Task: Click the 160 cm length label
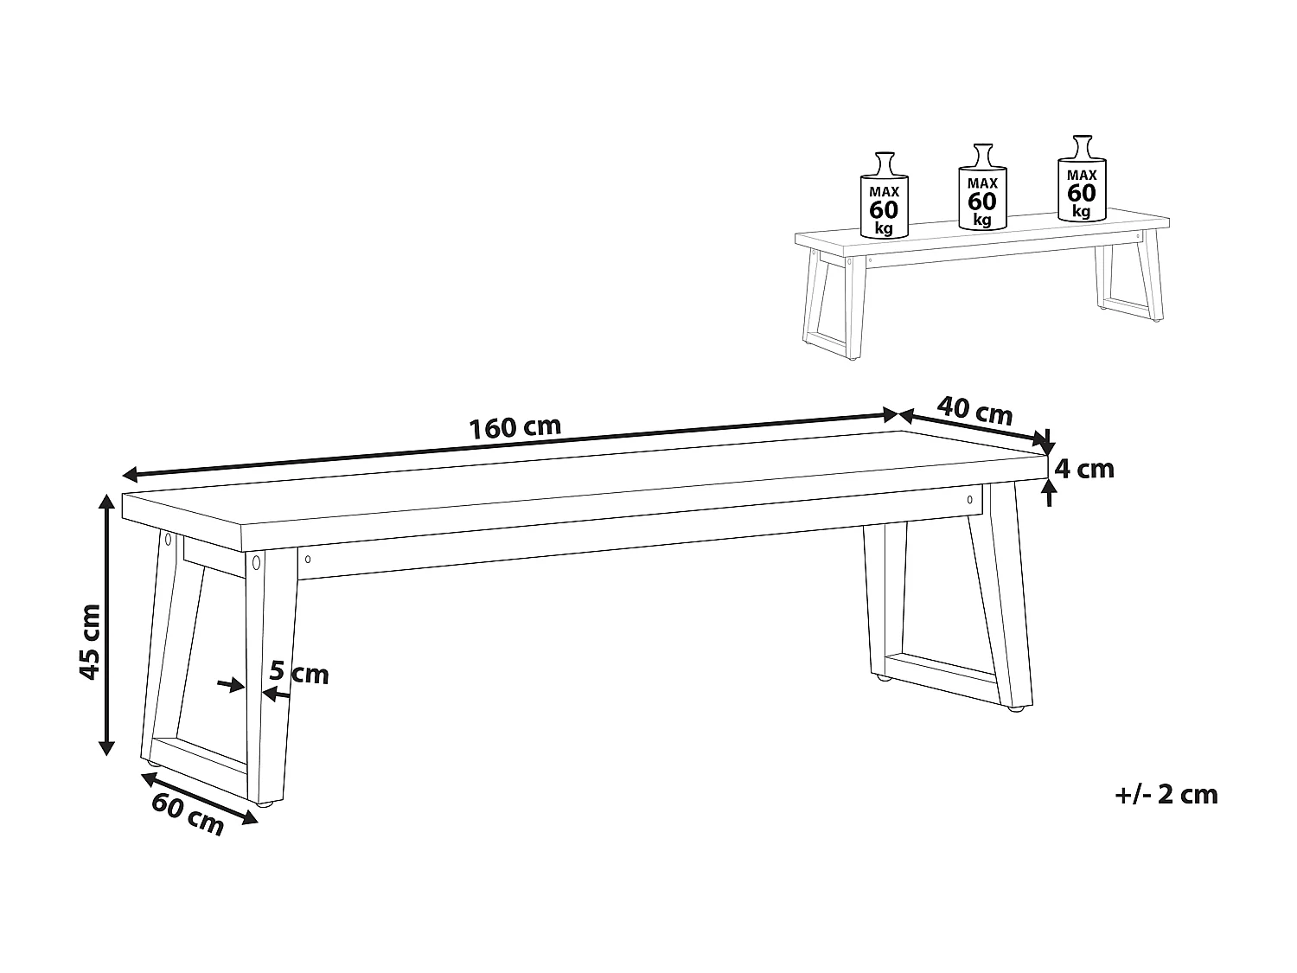point(514,427)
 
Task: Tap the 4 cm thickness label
point(1085,469)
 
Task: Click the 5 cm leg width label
point(299,672)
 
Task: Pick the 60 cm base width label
point(188,814)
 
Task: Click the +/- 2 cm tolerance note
point(1166,795)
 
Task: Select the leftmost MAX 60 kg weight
point(884,197)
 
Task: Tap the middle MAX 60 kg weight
point(982,190)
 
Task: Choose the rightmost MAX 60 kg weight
point(1081,180)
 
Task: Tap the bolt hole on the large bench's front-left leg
point(256,564)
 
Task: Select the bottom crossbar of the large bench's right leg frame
point(942,679)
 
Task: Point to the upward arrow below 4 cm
point(1049,493)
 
